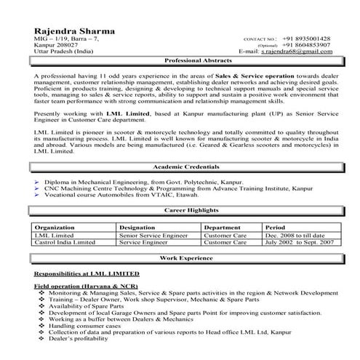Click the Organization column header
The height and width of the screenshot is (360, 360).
pos(55,228)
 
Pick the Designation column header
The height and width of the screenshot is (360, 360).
pos(138,228)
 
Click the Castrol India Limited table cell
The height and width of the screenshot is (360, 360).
pos(66,243)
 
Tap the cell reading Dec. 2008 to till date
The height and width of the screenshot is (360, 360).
pos(295,236)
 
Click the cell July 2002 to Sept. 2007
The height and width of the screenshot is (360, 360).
pos(299,243)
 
